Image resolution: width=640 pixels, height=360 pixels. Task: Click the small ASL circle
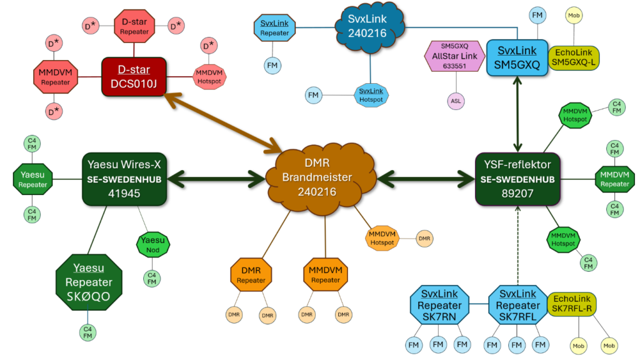tap(456, 100)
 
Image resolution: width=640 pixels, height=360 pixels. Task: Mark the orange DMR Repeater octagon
tap(251, 275)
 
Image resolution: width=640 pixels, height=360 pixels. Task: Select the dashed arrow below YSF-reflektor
tap(518, 244)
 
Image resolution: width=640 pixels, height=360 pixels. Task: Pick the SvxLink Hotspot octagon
tap(372, 95)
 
